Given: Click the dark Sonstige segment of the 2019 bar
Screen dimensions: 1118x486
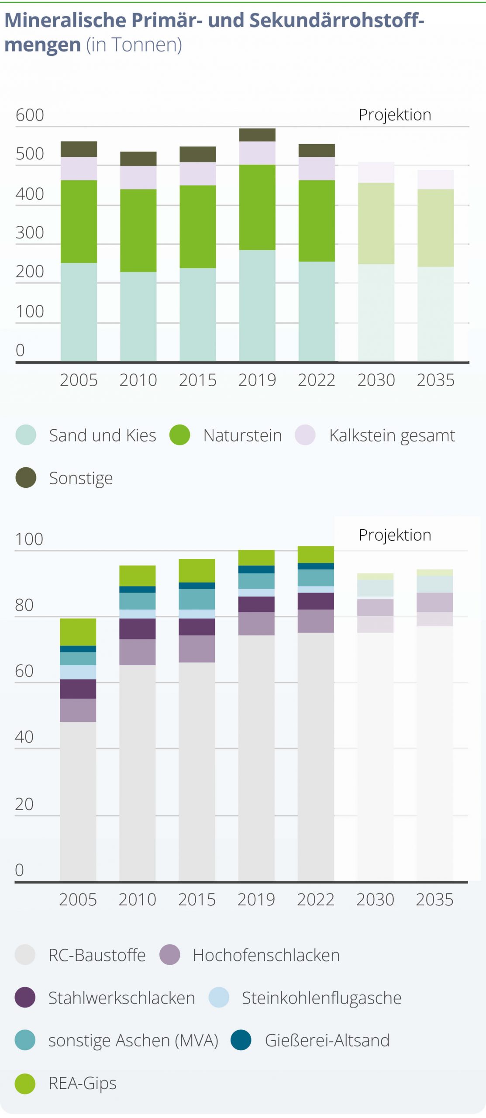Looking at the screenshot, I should [257, 135].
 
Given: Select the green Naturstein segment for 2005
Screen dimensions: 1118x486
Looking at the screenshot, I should [79, 221].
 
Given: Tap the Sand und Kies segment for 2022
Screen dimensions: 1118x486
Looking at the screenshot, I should [317, 311].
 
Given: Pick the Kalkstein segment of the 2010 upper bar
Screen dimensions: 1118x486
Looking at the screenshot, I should [138, 177].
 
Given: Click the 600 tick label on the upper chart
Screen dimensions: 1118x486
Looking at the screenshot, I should [30, 115].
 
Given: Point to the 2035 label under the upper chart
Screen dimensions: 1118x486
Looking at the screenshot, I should [435, 380].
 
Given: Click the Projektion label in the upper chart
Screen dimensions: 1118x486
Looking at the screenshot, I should [395, 115].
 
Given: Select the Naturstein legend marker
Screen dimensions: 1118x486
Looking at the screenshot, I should [180, 435].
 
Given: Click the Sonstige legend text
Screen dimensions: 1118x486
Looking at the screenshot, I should [81, 478].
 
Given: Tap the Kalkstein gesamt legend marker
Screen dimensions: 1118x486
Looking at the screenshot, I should [305, 435].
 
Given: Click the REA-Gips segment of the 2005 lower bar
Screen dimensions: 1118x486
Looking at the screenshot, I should [78, 632].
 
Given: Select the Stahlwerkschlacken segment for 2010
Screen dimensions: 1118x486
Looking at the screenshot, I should [138, 629].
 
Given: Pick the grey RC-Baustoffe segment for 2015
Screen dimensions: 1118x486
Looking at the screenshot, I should [197, 771].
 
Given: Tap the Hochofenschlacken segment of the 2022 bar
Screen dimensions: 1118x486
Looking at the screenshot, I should [316, 621].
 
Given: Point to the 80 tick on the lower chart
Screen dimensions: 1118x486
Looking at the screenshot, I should [24, 605].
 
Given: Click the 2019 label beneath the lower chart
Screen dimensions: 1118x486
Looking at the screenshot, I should [256, 900].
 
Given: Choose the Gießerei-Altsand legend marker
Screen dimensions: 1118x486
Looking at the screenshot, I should [241, 1040].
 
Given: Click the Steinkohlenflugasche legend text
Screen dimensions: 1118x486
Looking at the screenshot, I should [321, 998].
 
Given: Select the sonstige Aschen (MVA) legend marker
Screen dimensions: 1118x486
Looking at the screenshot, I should [25, 1040].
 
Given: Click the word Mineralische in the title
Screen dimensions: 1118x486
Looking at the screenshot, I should [65, 20].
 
